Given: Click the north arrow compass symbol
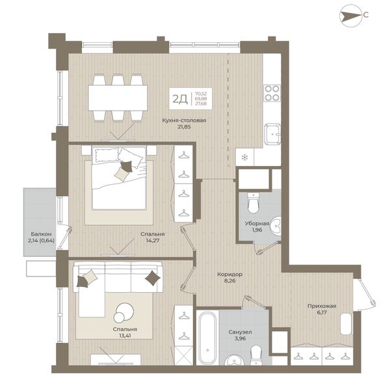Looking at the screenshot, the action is (350, 16).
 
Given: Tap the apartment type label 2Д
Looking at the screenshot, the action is (180, 99).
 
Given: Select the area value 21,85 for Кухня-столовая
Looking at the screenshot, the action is (184, 127).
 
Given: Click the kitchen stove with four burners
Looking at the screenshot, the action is (272, 93).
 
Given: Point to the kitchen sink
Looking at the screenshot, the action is (272, 134).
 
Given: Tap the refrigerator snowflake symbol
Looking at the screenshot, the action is (245, 157).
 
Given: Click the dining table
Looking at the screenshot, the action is (118, 98).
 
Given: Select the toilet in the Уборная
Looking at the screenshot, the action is (253, 203).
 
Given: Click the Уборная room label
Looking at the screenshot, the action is (257, 223).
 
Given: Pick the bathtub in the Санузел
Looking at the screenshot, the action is (207, 338).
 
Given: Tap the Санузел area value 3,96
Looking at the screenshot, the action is (240, 339).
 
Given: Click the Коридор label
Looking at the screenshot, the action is (229, 275).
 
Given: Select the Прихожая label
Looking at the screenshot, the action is (322, 306).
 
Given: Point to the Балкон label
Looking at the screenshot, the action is (42, 234).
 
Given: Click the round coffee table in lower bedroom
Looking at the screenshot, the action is (123, 312).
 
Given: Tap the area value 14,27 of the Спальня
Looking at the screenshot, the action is (153, 241).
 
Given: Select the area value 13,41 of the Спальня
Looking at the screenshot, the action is (125, 336).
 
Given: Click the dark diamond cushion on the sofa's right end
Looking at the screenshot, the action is (153, 278).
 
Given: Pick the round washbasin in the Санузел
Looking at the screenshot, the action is (235, 360).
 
